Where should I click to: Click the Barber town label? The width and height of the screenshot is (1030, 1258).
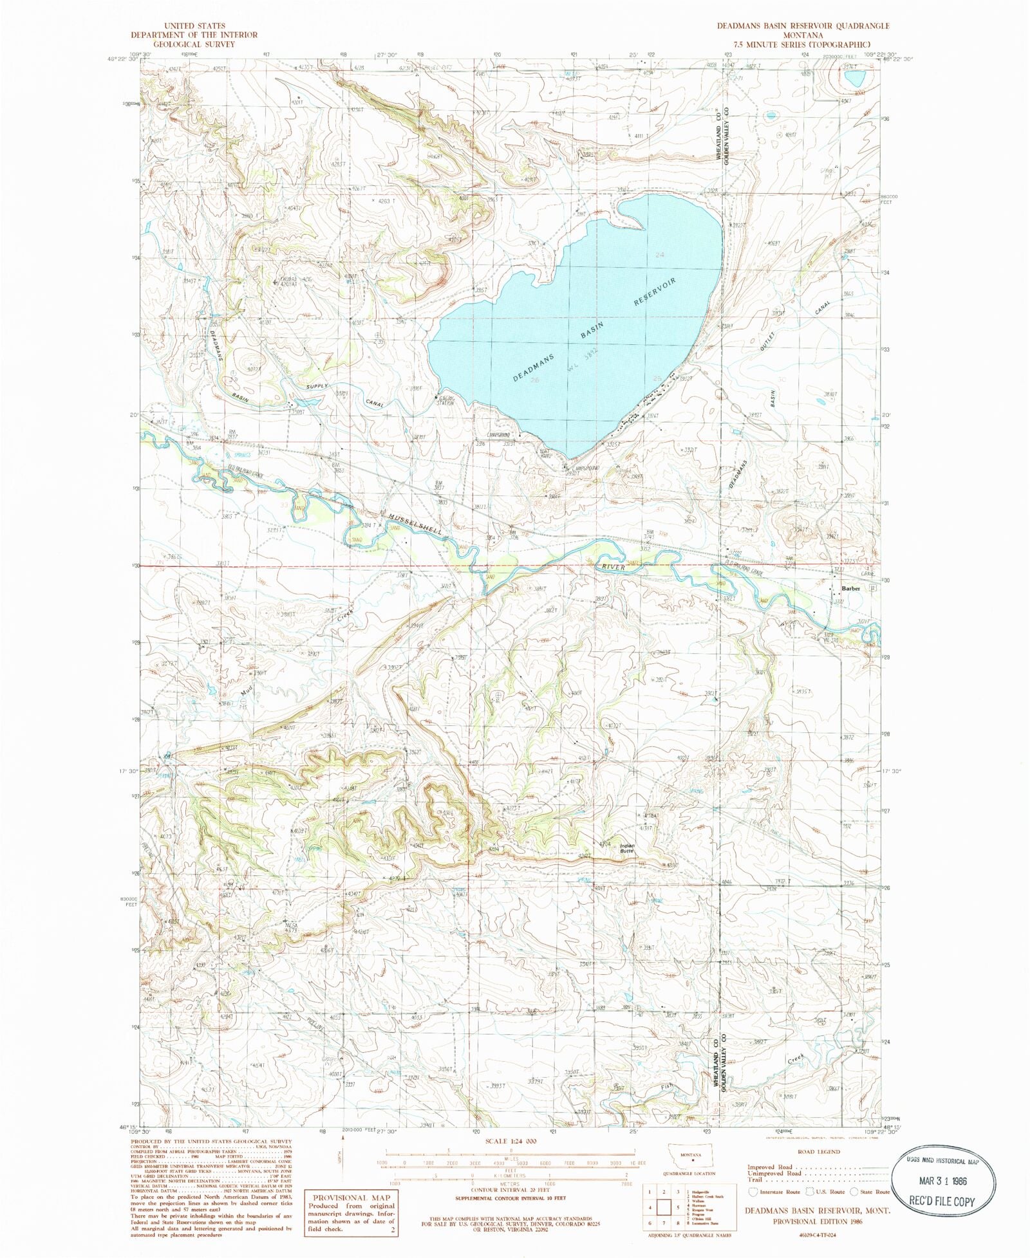[850, 588]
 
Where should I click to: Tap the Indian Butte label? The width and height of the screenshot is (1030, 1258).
[627, 848]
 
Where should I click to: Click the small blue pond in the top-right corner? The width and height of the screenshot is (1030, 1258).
[855, 79]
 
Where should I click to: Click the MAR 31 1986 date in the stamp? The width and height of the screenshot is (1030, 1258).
[944, 1181]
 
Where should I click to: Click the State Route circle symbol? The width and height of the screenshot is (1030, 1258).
[854, 1192]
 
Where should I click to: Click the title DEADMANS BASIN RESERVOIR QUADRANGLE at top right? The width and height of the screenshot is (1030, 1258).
[796, 26]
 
